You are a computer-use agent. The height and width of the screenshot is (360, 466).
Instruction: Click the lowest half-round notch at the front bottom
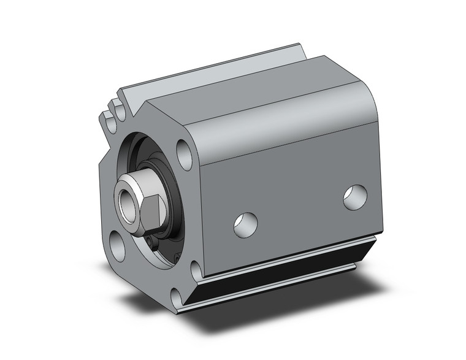pos(177,299)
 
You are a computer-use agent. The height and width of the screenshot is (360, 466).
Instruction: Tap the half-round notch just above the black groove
pos(194,267)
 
